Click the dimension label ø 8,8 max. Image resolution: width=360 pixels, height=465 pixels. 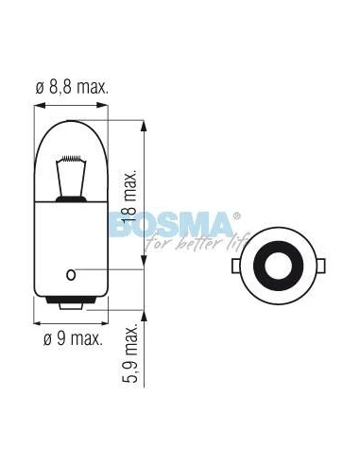(x=72, y=87)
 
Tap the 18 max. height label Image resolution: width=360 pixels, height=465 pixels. (x=130, y=196)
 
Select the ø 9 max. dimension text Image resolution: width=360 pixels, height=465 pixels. (x=73, y=338)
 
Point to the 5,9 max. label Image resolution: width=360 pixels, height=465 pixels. (x=130, y=353)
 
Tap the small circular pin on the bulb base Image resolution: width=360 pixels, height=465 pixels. (x=71, y=275)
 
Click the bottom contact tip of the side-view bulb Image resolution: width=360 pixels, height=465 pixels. (x=71, y=306)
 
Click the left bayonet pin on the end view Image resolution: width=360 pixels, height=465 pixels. (x=235, y=266)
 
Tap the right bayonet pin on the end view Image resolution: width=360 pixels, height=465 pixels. (x=320, y=266)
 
